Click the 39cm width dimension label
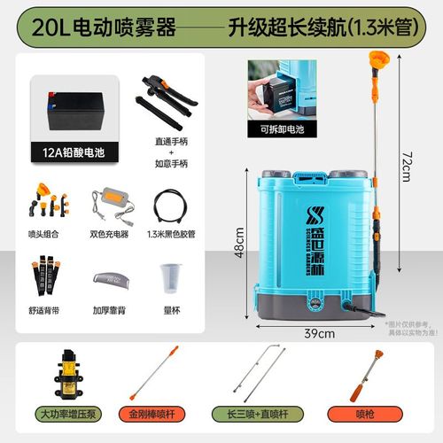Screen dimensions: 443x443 pos(317,333)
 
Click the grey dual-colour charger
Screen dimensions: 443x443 pos(114,204)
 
